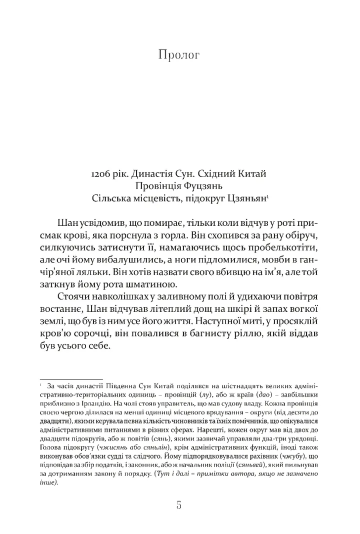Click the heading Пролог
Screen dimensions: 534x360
pyautogui.click(x=178, y=55)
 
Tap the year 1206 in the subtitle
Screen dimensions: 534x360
pyautogui.click(x=102, y=174)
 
